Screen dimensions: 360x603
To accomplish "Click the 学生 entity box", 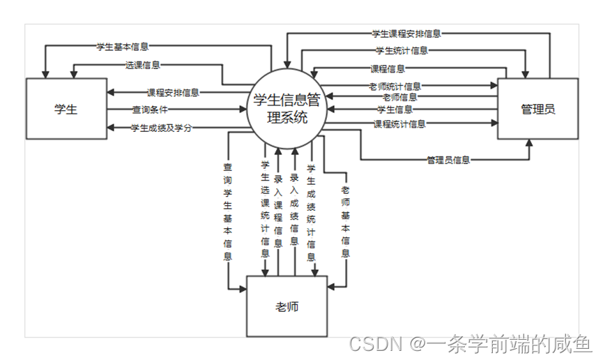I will (x=66, y=109).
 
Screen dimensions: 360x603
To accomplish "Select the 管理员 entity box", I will (x=537, y=109).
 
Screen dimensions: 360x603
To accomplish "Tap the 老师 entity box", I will (x=287, y=306).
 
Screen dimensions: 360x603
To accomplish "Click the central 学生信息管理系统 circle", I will (x=287, y=109).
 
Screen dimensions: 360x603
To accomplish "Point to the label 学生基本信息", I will (x=122, y=47).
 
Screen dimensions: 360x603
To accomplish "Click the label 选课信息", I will (x=142, y=65).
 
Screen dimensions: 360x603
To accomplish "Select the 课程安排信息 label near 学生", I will (x=173, y=92).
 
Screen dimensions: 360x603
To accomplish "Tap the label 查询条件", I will (x=149, y=110).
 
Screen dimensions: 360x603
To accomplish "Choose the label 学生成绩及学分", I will (x=161, y=128).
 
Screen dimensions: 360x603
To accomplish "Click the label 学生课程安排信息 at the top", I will (x=406, y=33).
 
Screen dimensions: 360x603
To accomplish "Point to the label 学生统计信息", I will (x=402, y=50).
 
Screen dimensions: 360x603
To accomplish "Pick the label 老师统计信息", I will (x=395, y=87).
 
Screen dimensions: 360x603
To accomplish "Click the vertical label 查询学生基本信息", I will (x=227, y=212).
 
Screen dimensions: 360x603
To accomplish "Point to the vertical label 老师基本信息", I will (x=346, y=221).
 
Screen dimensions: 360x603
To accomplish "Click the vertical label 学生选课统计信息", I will (x=265, y=209).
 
